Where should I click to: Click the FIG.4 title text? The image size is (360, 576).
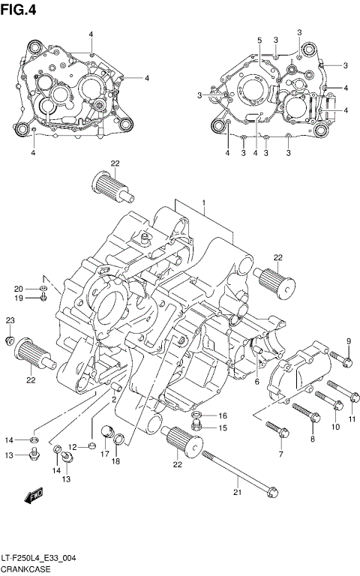tap(20, 9)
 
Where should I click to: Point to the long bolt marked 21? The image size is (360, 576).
tap(238, 472)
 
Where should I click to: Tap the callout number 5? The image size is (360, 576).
tap(259, 40)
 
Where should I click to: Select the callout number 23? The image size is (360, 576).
tap(10, 320)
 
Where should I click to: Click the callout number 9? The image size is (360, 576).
tap(349, 342)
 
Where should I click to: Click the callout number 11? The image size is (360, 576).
tap(352, 418)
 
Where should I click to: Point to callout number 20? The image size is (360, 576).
tap(18, 288)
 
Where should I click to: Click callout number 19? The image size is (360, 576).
tap(18, 298)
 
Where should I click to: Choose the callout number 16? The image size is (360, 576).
tap(222, 415)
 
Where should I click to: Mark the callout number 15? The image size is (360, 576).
tap(222, 428)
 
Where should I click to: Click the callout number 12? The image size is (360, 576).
tap(73, 447)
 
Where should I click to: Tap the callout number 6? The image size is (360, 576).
tap(256, 382)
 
